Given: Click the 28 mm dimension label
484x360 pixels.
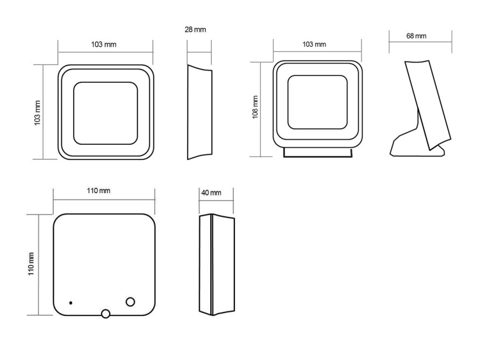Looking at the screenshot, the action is coord(195,30).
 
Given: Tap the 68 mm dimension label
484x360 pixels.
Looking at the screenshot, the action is coord(416,36).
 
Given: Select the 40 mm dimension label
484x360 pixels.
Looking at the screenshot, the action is coord(211,193).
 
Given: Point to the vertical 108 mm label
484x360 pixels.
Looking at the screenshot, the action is coord(255,107).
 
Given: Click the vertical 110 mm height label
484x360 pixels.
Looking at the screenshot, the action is coord(31,264).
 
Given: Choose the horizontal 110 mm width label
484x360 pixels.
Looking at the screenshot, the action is coord(98,191).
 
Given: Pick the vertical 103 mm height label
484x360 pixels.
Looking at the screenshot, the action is coord(37,113).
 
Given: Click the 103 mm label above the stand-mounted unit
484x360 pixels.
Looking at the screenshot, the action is coord(314,45).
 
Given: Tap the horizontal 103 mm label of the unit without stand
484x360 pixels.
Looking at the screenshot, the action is coord(104,45).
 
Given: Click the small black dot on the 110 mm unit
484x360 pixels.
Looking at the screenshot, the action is coord(70,303).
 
